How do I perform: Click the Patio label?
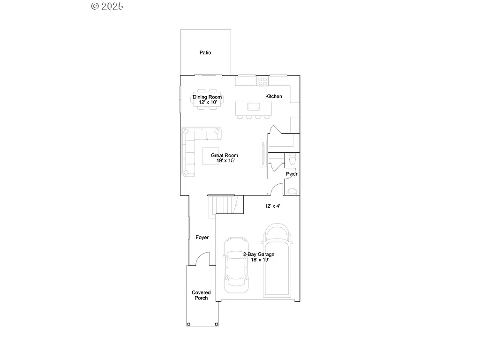tap(205, 52)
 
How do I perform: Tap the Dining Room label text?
tap(207, 97)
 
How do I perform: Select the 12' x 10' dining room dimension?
tap(207, 102)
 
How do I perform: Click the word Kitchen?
tap(274, 96)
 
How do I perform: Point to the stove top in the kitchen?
tap(262, 81)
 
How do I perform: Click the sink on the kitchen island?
tap(254, 106)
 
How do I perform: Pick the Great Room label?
tap(224, 155)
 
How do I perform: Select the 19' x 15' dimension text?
tap(225, 161)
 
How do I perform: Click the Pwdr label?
tap(292, 174)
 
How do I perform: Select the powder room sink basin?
tap(292, 191)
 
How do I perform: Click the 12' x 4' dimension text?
tap(273, 206)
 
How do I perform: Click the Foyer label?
tap(202, 238)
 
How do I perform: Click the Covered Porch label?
tap(201, 295)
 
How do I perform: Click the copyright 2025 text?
tap(107, 6)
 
